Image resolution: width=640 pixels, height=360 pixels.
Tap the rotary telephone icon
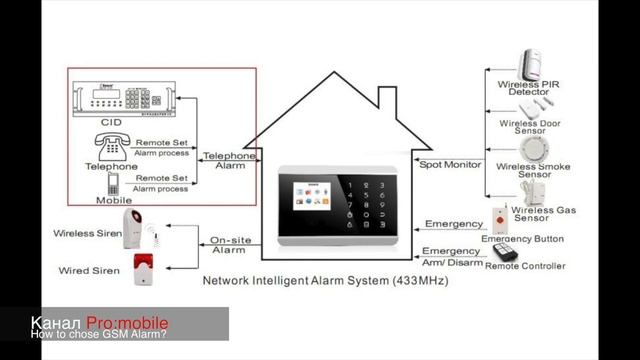click(x=112, y=145)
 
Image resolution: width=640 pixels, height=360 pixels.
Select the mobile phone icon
click(x=112, y=184)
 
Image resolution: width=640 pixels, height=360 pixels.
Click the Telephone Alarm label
click(x=230, y=162)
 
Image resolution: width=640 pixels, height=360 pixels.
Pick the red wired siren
click(x=141, y=267)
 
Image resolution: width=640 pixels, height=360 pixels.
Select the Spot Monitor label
click(x=449, y=164)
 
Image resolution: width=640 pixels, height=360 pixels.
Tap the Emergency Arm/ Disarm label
click(x=451, y=257)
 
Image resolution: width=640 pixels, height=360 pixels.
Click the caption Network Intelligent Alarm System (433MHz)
click(x=326, y=282)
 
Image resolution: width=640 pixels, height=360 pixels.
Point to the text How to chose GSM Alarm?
click(x=98, y=336)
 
